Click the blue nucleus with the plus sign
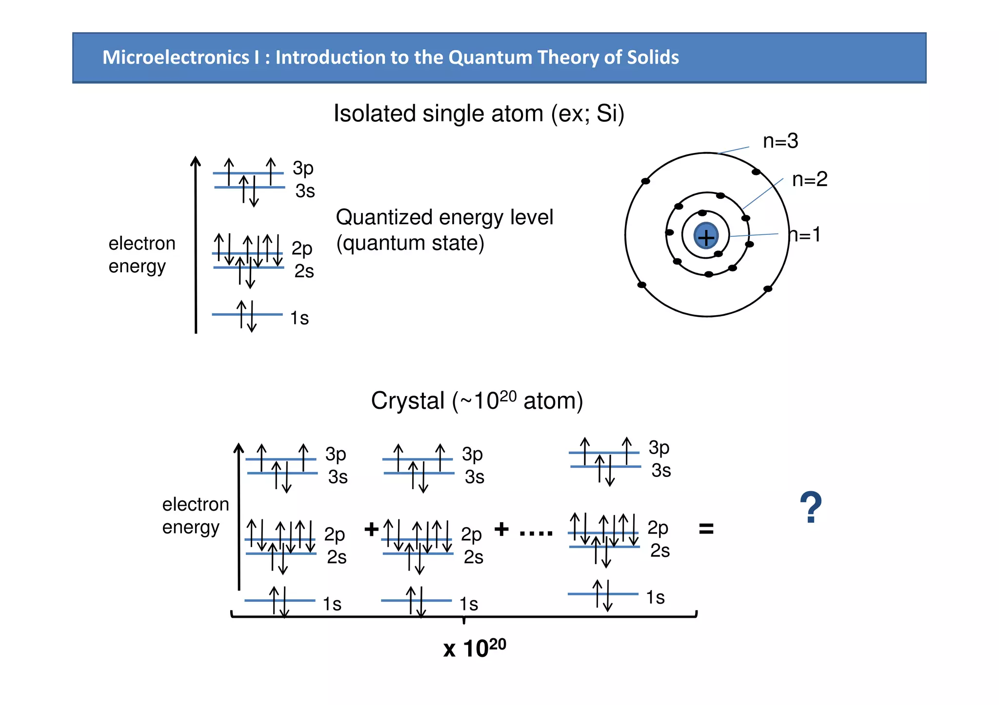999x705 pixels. pyautogui.click(x=706, y=236)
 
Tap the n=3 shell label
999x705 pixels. pyautogui.click(x=780, y=141)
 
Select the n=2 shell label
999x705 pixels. pyautogui.click(x=809, y=179)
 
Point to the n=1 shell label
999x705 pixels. pyautogui.click(x=805, y=235)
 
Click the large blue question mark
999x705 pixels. pyautogui.click(x=811, y=508)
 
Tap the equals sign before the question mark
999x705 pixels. pyautogui.click(x=706, y=529)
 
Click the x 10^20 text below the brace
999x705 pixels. pyautogui.click(x=474, y=648)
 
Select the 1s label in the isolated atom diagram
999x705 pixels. pyautogui.click(x=299, y=318)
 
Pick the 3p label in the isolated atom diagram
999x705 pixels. pyautogui.click(x=303, y=169)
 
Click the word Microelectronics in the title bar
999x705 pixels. pyautogui.click(x=176, y=57)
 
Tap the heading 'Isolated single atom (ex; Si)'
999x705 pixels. pyautogui.click(x=479, y=114)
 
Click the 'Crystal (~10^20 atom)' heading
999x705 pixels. pyautogui.click(x=477, y=401)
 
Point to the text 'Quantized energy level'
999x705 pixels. pyautogui.click(x=444, y=217)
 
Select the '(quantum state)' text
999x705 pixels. pyautogui.click(x=410, y=243)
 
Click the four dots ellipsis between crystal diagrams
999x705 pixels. pyautogui.click(x=536, y=533)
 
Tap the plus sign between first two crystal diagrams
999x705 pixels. pyautogui.click(x=371, y=529)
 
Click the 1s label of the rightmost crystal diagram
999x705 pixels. pyautogui.click(x=655, y=597)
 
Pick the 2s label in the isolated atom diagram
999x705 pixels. pyautogui.click(x=303, y=271)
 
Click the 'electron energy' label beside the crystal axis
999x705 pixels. pyautogui.click(x=195, y=515)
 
